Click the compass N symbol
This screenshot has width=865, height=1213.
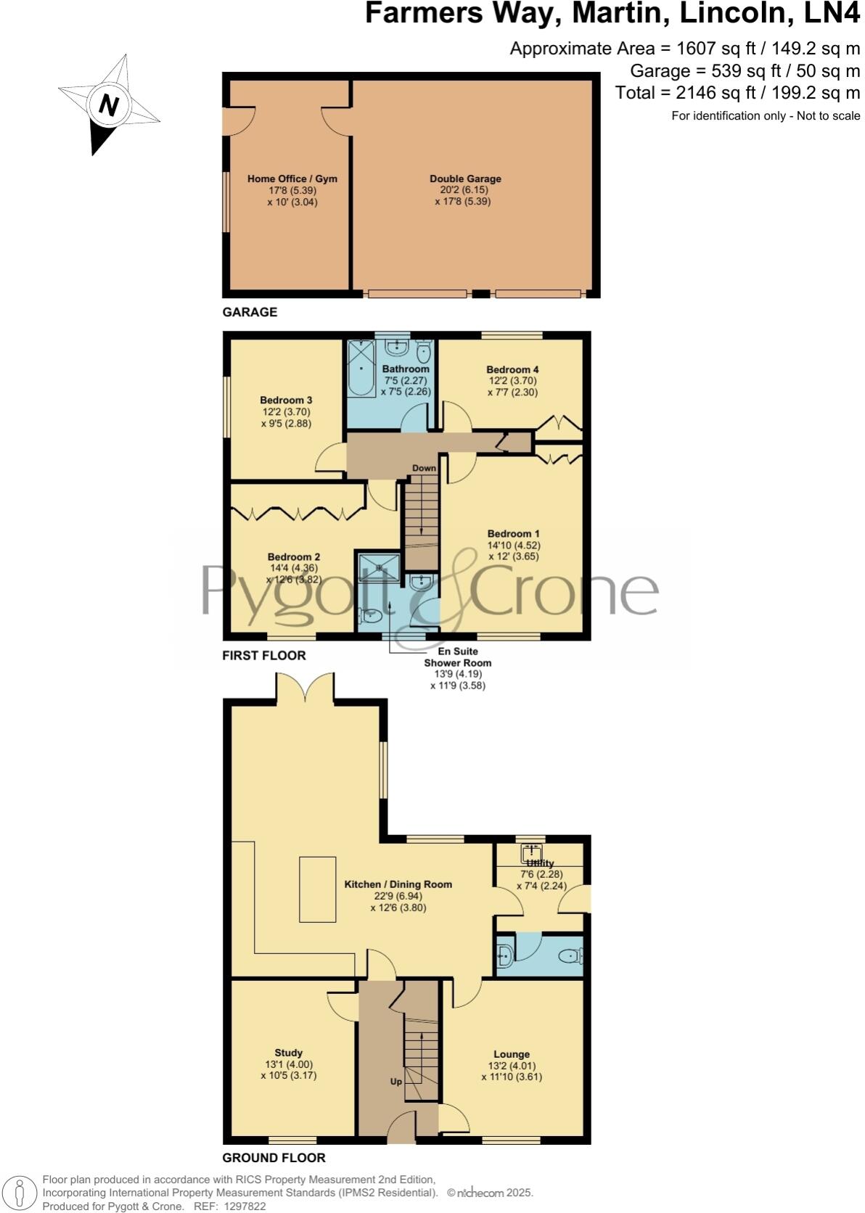click(109, 106)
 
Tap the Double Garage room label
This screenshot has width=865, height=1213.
click(465, 178)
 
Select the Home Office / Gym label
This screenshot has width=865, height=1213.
click(292, 178)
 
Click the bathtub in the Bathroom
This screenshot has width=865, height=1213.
click(360, 368)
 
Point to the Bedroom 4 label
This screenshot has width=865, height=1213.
click(512, 369)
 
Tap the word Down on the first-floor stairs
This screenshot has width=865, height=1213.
click(424, 468)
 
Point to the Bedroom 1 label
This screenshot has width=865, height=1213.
click(513, 534)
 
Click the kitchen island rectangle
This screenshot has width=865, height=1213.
click(318, 889)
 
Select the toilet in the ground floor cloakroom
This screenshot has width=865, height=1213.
click(570, 956)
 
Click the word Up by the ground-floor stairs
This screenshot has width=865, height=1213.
click(396, 1081)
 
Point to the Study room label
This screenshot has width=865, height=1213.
click(288, 1053)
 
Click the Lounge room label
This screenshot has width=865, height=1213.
click(512, 1054)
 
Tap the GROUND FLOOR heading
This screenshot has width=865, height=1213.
click(274, 1158)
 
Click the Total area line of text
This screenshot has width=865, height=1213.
click(737, 93)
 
